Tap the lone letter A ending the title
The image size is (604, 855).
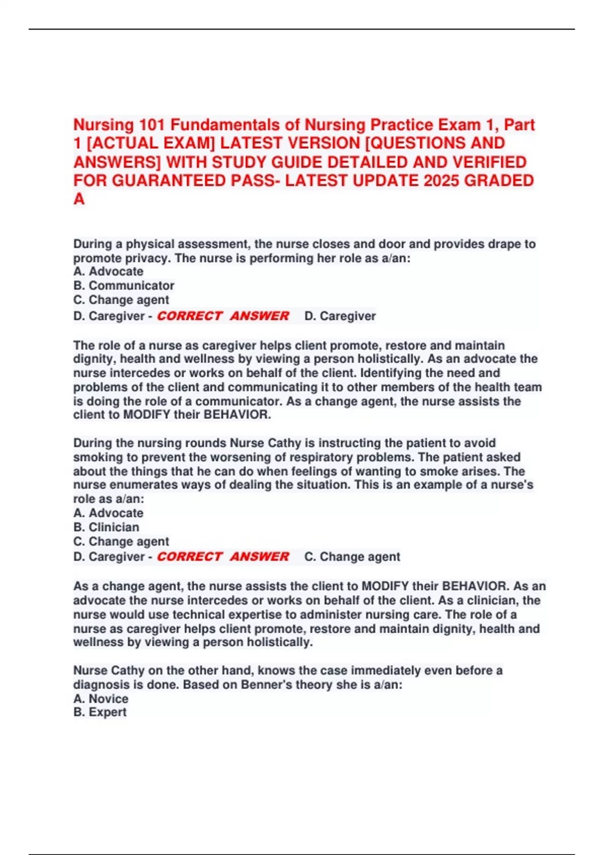pos(79,199)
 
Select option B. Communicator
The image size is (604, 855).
pos(124,286)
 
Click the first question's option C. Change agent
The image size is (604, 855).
pos(121,300)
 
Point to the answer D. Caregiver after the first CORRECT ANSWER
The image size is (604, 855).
pos(340,316)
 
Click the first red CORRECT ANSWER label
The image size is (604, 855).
pos(223,316)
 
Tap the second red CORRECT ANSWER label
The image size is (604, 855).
pos(223,557)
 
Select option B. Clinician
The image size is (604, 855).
pos(106,527)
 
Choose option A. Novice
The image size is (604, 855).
pos(101,699)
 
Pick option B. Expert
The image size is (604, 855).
pos(100,712)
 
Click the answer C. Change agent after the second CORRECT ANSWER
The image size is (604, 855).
pos(352,557)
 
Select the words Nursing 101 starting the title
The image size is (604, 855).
pos(119,125)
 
